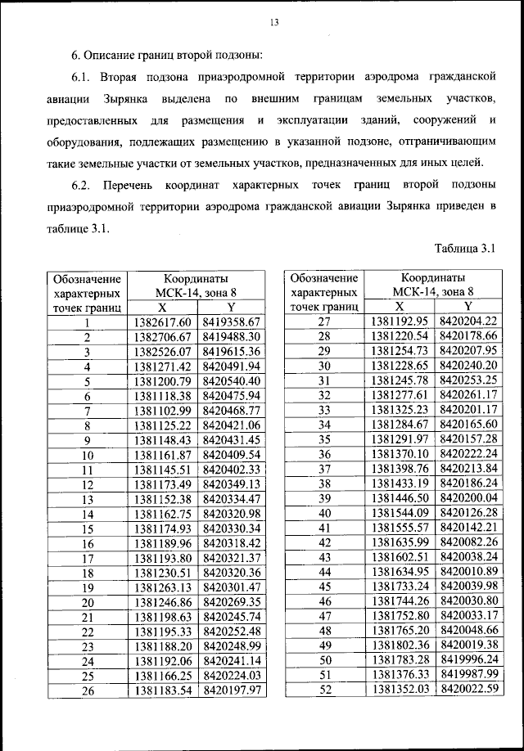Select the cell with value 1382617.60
162,322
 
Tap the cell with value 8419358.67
231,322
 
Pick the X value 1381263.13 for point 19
162,587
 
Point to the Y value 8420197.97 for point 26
231,690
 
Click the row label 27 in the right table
323,322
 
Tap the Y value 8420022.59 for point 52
468,690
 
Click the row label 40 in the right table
323,514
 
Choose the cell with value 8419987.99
468,676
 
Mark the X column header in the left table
162,308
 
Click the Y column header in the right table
468,308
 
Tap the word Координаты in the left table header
196,278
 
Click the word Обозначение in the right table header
323,278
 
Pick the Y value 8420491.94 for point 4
231,367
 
